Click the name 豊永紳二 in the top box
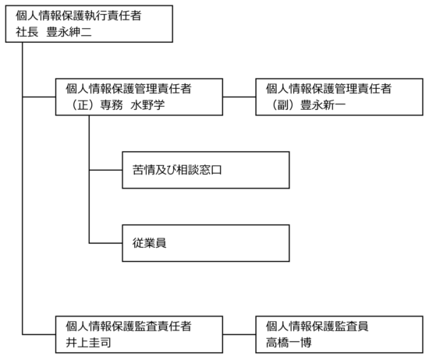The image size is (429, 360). pyautogui.click(x=69, y=32)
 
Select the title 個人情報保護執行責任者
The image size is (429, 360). pyautogui.click(x=79, y=16)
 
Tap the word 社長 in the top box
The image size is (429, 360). pyautogui.click(x=27, y=32)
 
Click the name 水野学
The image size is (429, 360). pyautogui.click(x=147, y=105)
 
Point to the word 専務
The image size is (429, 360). pyautogui.click(x=112, y=105)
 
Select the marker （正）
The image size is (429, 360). pyautogui.click(x=83, y=105)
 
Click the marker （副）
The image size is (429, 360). pyautogui.click(x=283, y=105)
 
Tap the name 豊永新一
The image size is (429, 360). pyautogui.click(x=323, y=105)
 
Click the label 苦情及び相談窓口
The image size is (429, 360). pyautogui.click(x=177, y=170)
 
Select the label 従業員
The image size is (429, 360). pyautogui.click(x=150, y=243)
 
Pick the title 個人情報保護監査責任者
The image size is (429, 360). pyautogui.click(x=129, y=326)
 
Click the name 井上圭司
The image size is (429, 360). pyautogui.click(x=88, y=343)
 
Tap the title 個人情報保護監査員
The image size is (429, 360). pyautogui.click(x=317, y=326)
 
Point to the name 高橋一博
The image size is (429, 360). pyautogui.click(x=289, y=343)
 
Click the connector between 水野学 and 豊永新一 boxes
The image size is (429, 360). pyautogui.click(x=239, y=97)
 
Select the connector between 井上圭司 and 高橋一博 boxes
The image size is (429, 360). pyautogui.click(x=239, y=334)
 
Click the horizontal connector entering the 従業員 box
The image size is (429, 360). pyautogui.click(x=105, y=243)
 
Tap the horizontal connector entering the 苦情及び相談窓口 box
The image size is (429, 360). pyautogui.click(x=105, y=170)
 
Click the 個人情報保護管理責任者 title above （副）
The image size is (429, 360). pyautogui.click(x=329, y=89)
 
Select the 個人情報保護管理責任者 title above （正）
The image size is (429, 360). pyautogui.click(x=129, y=89)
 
